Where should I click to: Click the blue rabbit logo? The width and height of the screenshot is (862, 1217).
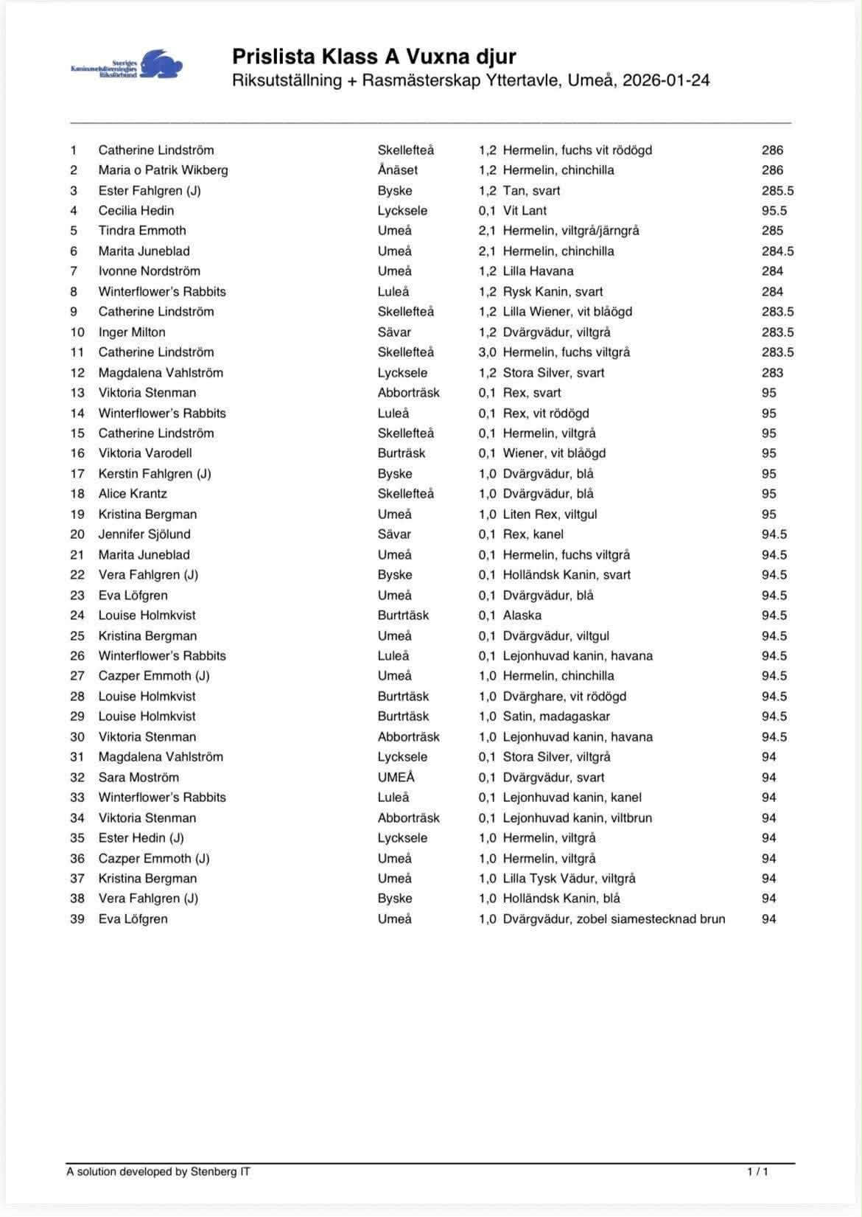pos(159,64)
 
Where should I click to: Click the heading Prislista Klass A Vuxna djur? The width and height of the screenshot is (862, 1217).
pos(374,57)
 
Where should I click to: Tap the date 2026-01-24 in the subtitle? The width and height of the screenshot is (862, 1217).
pos(666,80)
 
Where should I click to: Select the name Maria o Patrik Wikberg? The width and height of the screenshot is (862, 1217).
pos(163,170)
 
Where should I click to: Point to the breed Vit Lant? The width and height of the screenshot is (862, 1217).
pos(525,211)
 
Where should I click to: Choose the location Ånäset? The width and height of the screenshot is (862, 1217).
pos(397,170)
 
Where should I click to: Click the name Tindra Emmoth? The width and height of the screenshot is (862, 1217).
pos(142,231)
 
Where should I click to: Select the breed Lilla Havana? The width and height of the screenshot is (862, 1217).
pos(538,271)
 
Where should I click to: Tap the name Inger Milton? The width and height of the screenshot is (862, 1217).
pos(132,332)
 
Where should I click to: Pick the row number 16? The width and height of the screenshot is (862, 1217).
pos(77,453)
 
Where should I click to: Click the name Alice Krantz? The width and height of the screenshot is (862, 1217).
pos(133,494)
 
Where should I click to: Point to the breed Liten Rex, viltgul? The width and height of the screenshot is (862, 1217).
pos(550,515)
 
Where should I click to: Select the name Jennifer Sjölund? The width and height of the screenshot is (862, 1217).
pos(144,534)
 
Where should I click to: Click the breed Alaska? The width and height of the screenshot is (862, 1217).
pos(522,616)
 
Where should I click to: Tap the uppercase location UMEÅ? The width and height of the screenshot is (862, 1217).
pos(396,778)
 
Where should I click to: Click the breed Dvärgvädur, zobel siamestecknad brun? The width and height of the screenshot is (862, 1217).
pos(614,919)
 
